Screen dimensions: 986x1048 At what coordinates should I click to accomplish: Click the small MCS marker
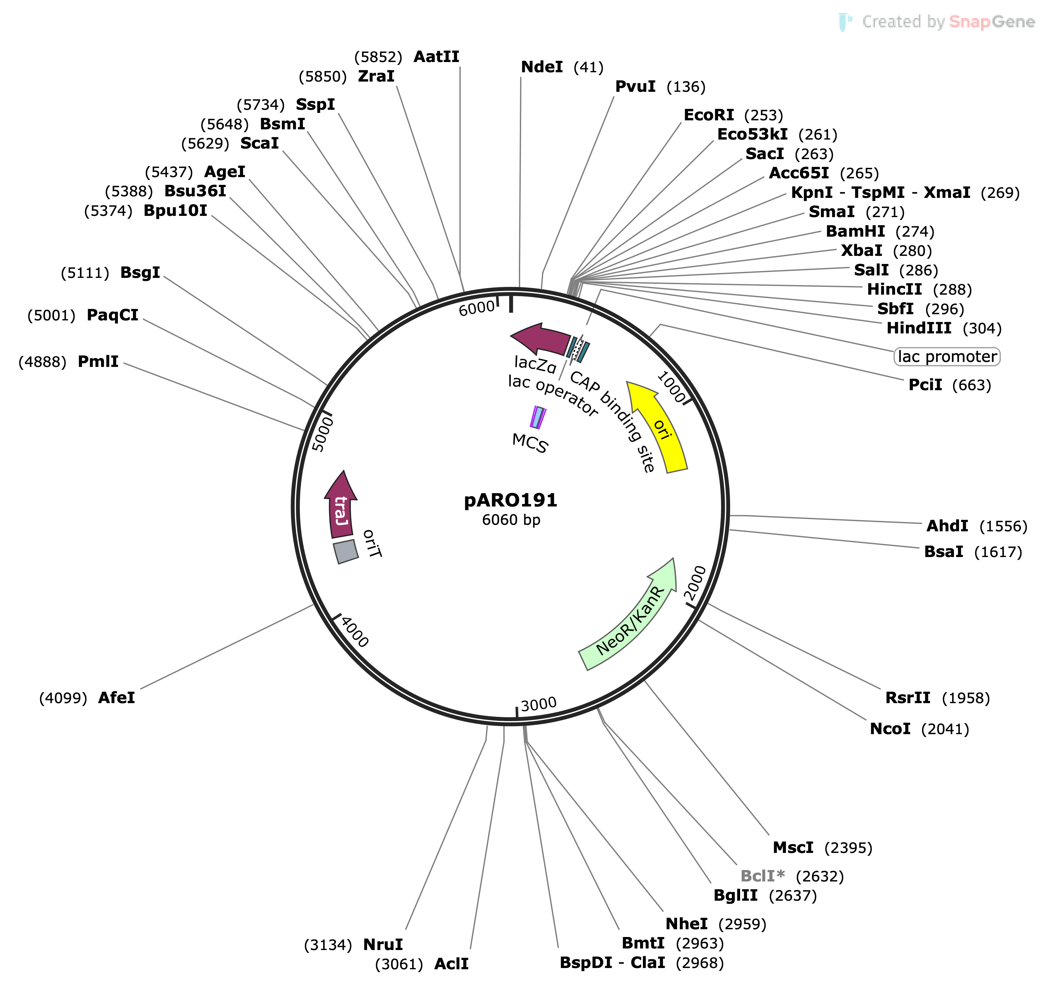pyautogui.click(x=537, y=417)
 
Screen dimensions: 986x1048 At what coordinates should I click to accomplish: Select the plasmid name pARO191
pyautogui.click(x=510, y=500)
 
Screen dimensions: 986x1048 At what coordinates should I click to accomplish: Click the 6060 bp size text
pyautogui.click(x=511, y=520)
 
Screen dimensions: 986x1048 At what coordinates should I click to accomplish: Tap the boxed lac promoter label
pyautogui.click(x=947, y=357)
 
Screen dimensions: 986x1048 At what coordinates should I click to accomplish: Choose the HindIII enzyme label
pyautogui.click(x=919, y=328)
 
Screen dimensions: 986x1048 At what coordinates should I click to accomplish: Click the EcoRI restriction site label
pyautogui.click(x=708, y=115)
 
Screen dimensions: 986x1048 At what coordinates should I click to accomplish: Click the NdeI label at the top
pyautogui.click(x=542, y=67)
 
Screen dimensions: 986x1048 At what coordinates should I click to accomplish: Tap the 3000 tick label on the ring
pyautogui.click(x=538, y=704)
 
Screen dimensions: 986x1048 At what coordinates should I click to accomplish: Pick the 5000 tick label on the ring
pyautogui.click(x=323, y=434)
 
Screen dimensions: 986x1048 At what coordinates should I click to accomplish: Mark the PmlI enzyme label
pyautogui.click(x=98, y=362)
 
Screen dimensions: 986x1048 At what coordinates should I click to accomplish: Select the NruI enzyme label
pyautogui.click(x=383, y=944)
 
